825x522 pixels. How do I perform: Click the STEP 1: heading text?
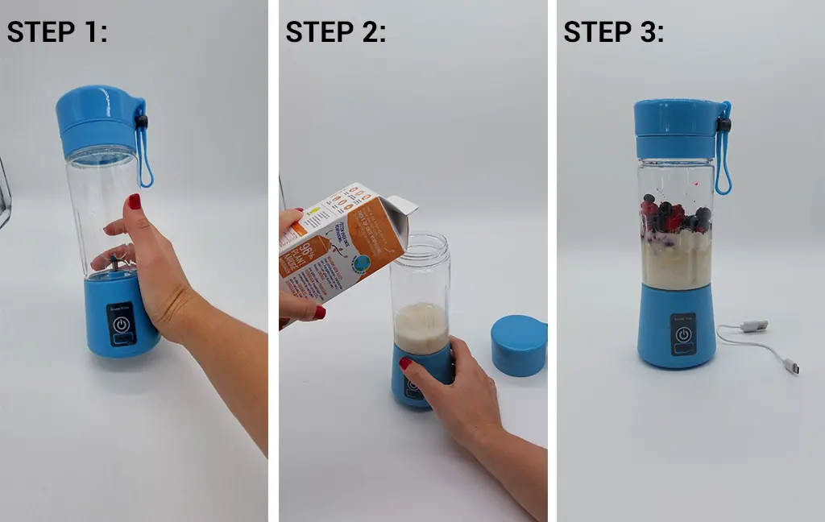coord(57,32)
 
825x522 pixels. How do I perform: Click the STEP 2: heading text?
coord(336,32)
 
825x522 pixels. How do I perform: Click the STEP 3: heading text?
coord(614,32)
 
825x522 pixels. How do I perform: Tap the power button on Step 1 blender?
coord(122,325)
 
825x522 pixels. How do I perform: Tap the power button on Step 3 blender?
coord(683,335)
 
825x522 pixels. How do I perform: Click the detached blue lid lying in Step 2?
coord(518,345)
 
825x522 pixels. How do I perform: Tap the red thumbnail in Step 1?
coord(135,201)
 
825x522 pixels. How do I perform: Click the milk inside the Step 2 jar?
coord(420,326)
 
